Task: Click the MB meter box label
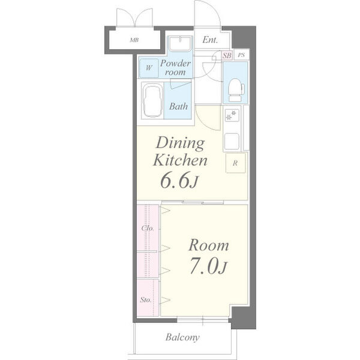pyautogui.click(x=134, y=40)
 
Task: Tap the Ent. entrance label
pyautogui.click(x=210, y=40)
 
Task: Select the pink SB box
pyautogui.click(x=227, y=55)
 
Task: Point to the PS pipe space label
pyautogui.click(x=241, y=55)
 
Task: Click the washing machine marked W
pyautogui.click(x=149, y=68)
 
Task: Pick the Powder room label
pyautogui.click(x=175, y=68)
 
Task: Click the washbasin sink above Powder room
pyautogui.click(x=180, y=44)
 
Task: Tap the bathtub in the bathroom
pyautogui.click(x=152, y=101)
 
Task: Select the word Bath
pyautogui.click(x=178, y=106)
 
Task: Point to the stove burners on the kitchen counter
pyautogui.click(x=232, y=115)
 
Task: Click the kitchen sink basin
pyautogui.click(x=232, y=141)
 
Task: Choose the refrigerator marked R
pyautogui.click(x=236, y=163)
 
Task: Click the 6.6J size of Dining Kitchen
pyautogui.click(x=179, y=180)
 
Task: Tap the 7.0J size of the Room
pyautogui.click(x=208, y=266)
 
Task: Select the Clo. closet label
pyautogui.click(x=148, y=228)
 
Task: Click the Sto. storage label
pyautogui.click(x=146, y=299)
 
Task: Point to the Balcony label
pyautogui.click(x=182, y=337)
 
